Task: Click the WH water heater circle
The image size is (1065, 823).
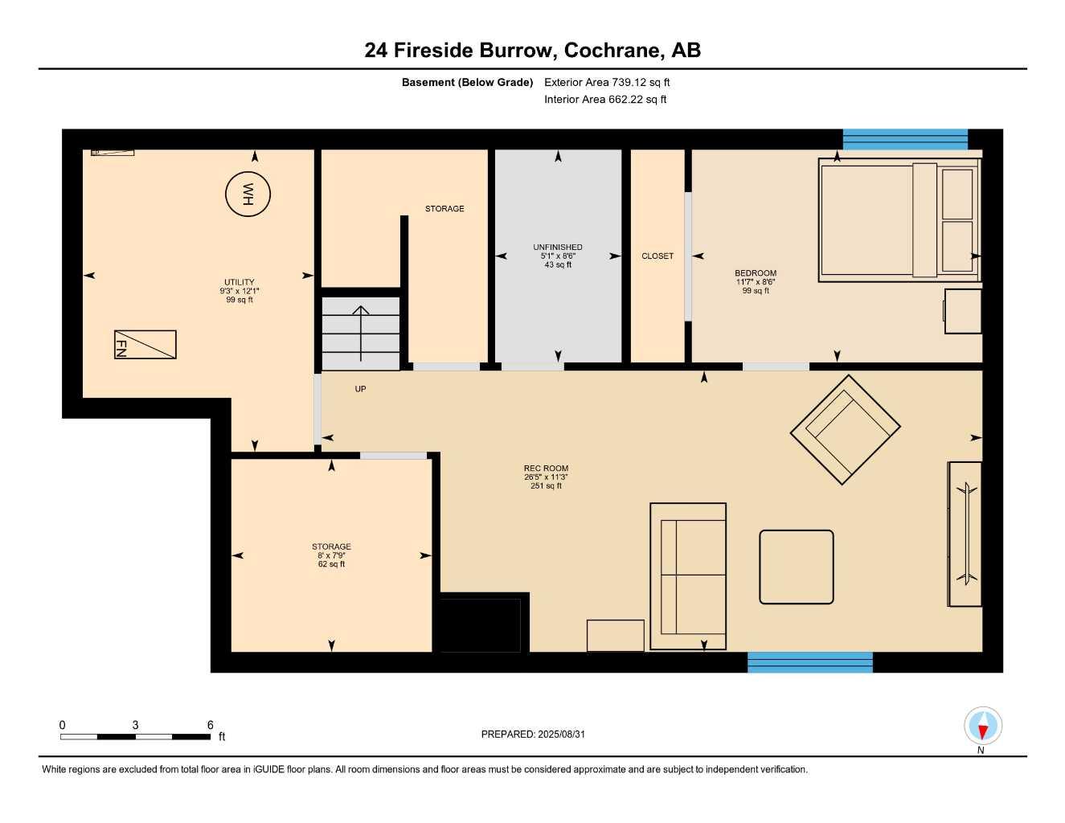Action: pyautogui.click(x=248, y=194)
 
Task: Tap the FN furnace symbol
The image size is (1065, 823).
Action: pyautogui.click(x=145, y=345)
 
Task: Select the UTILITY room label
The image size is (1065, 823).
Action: pyautogui.click(x=240, y=282)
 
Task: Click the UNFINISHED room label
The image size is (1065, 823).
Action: pyautogui.click(x=558, y=248)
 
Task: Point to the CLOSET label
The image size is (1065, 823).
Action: pyautogui.click(x=657, y=256)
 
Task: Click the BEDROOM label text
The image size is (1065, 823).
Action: pyautogui.click(x=756, y=273)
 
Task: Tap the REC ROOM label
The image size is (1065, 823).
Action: pyautogui.click(x=546, y=469)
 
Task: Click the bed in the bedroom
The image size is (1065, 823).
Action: pyautogui.click(x=899, y=219)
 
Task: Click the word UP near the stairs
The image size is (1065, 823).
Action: pyautogui.click(x=361, y=389)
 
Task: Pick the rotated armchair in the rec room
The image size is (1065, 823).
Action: pyautogui.click(x=845, y=430)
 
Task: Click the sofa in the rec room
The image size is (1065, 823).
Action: pyautogui.click(x=688, y=576)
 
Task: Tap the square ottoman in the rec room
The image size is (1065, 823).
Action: pyautogui.click(x=796, y=567)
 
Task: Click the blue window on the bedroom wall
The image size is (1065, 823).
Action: pyautogui.click(x=905, y=140)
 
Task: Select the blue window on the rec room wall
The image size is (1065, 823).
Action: pyautogui.click(x=809, y=662)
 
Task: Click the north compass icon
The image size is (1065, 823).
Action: pyautogui.click(x=982, y=727)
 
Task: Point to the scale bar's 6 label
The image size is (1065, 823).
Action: pyautogui.click(x=211, y=725)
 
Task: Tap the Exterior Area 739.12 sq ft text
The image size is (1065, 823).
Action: pyautogui.click(x=607, y=82)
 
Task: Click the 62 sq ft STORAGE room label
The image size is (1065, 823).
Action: pyautogui.click(x=331, y=555)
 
